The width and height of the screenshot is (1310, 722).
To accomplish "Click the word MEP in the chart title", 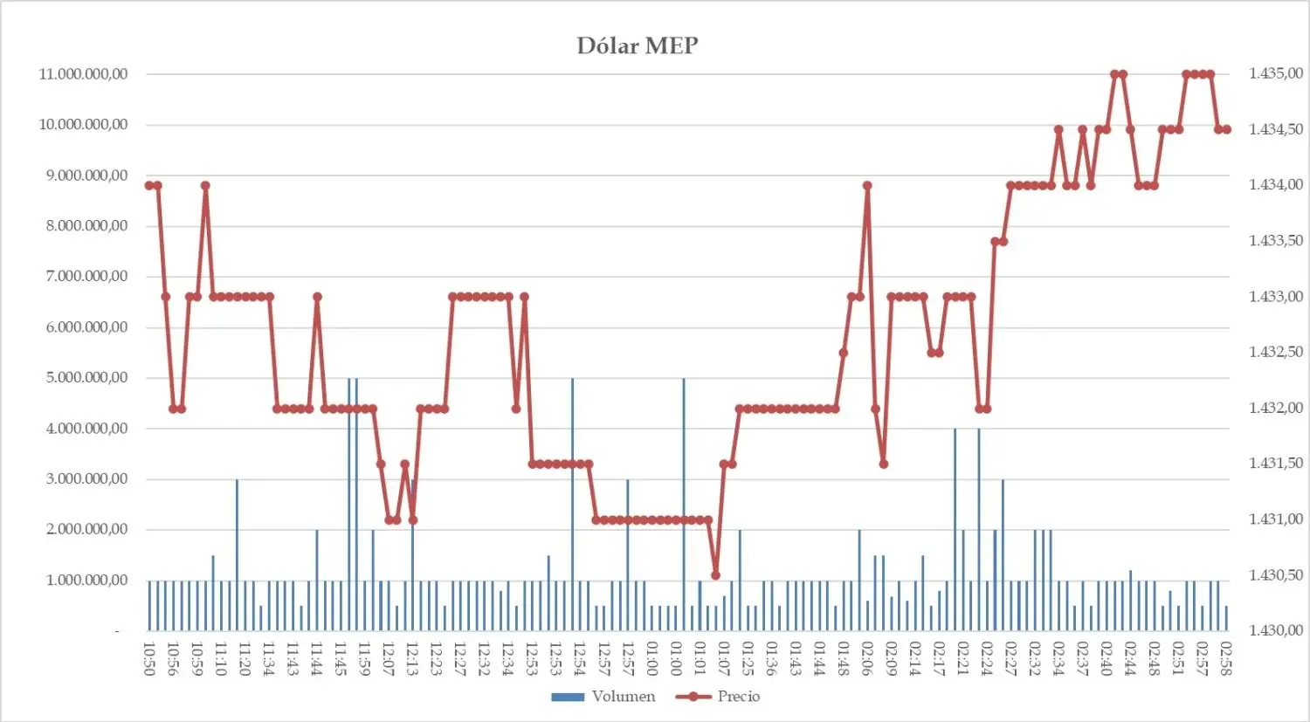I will [x=672, y=45].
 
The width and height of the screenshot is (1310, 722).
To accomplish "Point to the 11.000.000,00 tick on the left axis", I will [x=83, y=74].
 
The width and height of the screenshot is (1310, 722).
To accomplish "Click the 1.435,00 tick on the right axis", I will [x=1276, y=73].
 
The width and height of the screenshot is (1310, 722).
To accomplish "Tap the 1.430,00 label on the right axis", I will [x=1276, y=630].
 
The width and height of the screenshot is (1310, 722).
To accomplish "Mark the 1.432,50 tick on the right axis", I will [x=1276, y=352].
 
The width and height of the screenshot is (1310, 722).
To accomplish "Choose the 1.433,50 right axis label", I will [x=1276, y=241].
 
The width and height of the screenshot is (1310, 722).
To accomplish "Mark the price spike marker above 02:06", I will [x=867, y=185].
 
